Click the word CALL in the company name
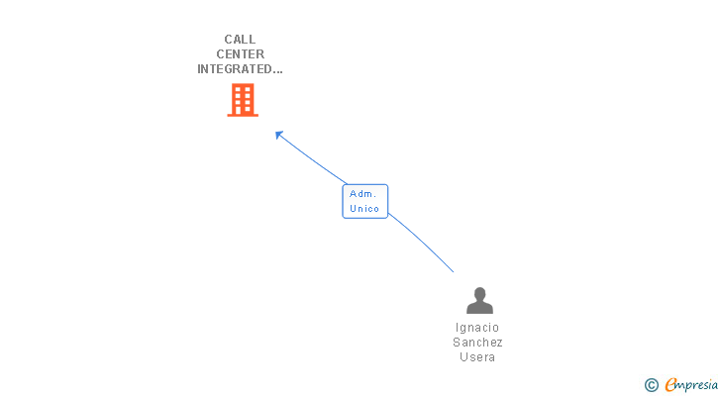click(240, 40)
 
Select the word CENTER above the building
click(240, 54)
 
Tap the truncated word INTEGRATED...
click(235, 69)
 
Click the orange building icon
click(243, 99)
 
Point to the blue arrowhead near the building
click(279, 135)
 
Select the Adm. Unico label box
click(365, 201)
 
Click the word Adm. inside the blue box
click(363, 194)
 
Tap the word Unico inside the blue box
click(364, 209)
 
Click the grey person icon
click(479, 300)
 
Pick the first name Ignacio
click(477, 328)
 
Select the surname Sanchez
click(477, 343)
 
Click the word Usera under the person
click(477, 357)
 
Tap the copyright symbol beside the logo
click(651, 385)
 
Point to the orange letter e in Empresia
click(669, 385)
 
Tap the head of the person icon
click(479, 293)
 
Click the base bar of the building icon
click(243, 115)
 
